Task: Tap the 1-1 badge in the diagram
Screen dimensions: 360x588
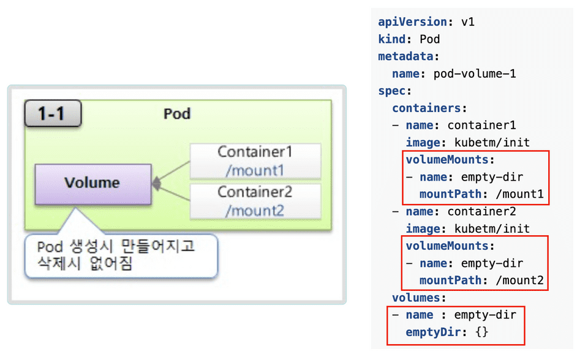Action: [53, 114]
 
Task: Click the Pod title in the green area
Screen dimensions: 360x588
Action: [177, 114]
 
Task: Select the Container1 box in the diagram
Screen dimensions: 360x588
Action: [255, 161]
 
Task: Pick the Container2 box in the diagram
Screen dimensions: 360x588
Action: [255, 201]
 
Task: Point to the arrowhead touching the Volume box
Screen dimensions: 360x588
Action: [156, 182]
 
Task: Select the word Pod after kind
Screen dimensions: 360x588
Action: [430, 39]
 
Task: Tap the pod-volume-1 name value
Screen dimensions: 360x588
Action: [475, 73]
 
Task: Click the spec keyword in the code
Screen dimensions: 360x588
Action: [393, 91]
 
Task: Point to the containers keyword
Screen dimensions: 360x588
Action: [427, 108]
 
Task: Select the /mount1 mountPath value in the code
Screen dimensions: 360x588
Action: [520, 195]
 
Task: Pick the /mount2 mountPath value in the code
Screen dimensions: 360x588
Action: [520, 281]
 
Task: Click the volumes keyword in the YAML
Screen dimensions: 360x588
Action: [417, 298]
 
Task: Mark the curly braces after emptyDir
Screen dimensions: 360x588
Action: [481, 332]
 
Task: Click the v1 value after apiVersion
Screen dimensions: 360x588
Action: [468, 22]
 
